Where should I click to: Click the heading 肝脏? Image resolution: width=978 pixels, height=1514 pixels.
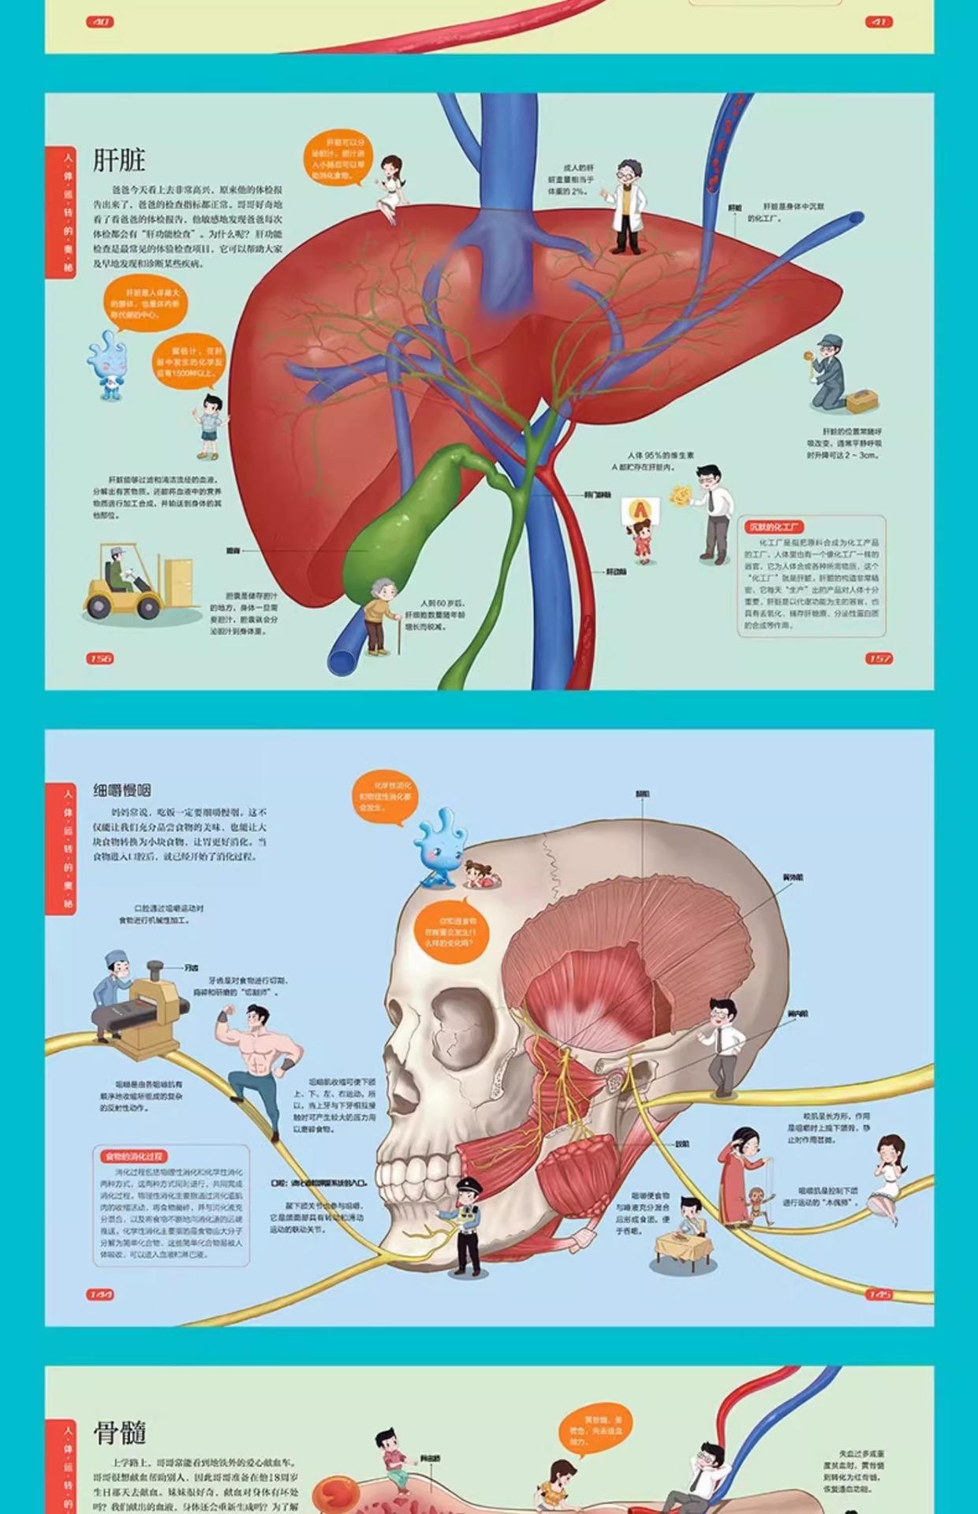pyautogui.click(x=119, y=160)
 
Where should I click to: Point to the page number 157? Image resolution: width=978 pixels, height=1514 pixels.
pyautogui.click(x=879, y=658)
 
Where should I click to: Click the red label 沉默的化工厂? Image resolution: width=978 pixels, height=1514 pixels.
pyautogui.click(x=776, y=528)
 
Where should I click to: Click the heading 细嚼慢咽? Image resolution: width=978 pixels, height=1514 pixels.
pyautogui.click(x=121, y=790)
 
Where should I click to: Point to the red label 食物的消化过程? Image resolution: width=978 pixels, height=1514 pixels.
pyautogui.click(x=132, y=1156)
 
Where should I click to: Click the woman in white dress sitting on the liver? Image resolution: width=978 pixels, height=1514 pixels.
pyautogui.click(x=389, y=189)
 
